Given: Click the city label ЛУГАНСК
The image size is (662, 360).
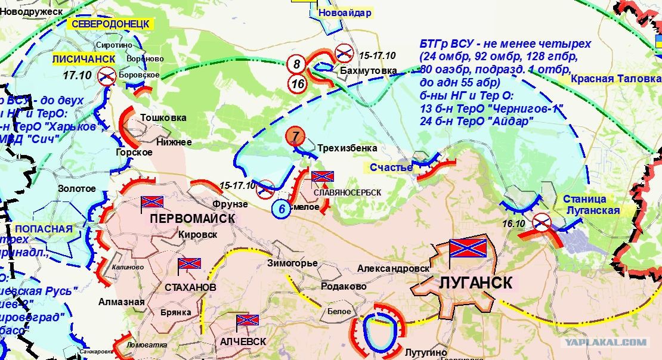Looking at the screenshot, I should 475,283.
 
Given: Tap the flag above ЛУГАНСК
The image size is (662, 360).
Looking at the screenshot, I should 468,249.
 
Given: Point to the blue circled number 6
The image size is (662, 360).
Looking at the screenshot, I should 281,209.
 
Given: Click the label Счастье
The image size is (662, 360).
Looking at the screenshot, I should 391,167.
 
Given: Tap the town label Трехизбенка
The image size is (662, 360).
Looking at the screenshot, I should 347,147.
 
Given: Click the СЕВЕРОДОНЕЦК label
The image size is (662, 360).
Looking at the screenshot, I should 111,24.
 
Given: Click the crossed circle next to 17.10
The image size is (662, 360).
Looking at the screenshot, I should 107,76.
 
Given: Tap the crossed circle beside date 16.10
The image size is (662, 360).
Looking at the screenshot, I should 542,222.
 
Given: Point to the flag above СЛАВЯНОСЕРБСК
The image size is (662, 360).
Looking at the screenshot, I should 323,177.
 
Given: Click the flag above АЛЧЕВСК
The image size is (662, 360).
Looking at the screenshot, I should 248,322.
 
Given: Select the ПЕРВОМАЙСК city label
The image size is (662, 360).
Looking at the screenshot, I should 192,219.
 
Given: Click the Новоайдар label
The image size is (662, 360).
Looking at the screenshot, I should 345,13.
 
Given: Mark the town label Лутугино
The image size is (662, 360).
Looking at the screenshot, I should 426,352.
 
